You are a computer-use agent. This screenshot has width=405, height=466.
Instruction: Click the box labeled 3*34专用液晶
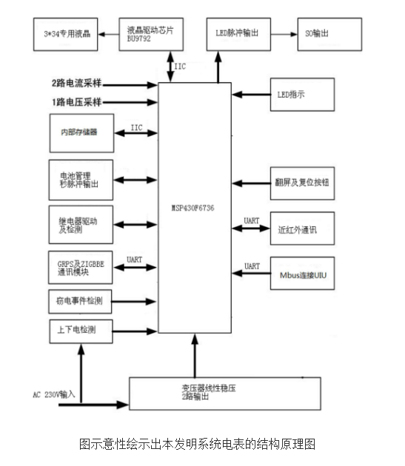coord(67,34)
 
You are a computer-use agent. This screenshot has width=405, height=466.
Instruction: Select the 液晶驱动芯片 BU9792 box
coord(152,34)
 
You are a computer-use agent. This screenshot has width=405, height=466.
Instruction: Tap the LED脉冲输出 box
coord(238,34)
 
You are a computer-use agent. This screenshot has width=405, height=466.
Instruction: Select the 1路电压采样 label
coord(77,101)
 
